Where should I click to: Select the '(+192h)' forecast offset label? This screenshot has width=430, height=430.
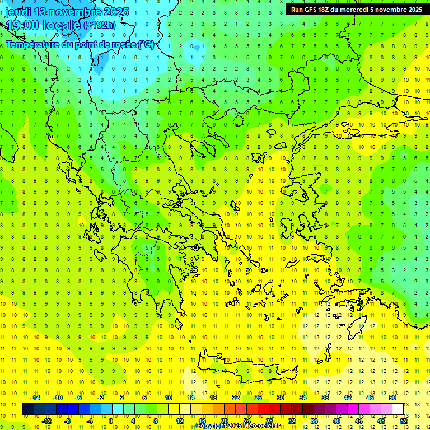tap(100, 25)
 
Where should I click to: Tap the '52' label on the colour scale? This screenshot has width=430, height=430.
tap(404, 421)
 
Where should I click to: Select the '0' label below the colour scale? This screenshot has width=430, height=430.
tap(110, 421)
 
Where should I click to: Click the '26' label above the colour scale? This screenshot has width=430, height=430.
tap(258, 398)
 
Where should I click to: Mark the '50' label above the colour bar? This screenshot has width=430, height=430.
tap(392, 398)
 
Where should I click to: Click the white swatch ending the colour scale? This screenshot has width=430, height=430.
tap(398, 409)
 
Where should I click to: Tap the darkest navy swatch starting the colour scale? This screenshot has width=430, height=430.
tap(28, 409)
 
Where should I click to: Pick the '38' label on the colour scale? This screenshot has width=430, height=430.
tap(325, 398)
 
